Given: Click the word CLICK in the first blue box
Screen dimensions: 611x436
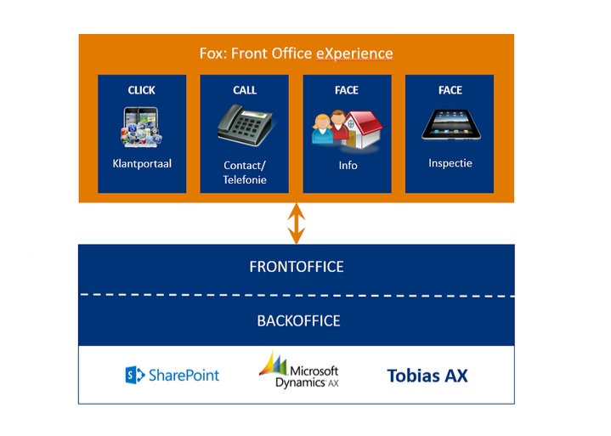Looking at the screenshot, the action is (141, 90).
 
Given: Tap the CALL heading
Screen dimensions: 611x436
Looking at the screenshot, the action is (245, 90).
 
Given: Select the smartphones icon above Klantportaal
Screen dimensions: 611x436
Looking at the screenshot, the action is (141, 127).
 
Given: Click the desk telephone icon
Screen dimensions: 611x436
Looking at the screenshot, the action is (245, 125).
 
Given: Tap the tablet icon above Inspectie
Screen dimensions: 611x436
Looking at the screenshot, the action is (451, 125).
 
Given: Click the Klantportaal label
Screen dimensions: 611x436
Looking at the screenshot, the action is (142, 164).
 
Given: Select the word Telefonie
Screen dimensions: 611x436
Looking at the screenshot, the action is (245, 179).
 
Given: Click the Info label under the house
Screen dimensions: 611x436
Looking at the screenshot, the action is (348, 166).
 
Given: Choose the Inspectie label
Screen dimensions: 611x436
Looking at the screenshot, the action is (450, 163).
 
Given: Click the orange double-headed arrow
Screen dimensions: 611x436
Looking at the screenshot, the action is (296, 224).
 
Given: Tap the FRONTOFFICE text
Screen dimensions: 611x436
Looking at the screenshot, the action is (297, 267).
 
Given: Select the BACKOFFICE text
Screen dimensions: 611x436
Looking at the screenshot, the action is (298, 321).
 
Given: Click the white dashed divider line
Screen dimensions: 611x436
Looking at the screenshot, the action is (297, 296).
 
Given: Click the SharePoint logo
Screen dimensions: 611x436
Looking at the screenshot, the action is (173, 375).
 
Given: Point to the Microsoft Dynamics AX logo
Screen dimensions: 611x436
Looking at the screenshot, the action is (299, 371).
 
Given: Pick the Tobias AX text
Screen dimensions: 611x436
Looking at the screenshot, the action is (427, 376).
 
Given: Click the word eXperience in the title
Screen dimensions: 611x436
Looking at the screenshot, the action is (354, 54).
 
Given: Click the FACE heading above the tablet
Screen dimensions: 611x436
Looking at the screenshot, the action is (450, 90).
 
